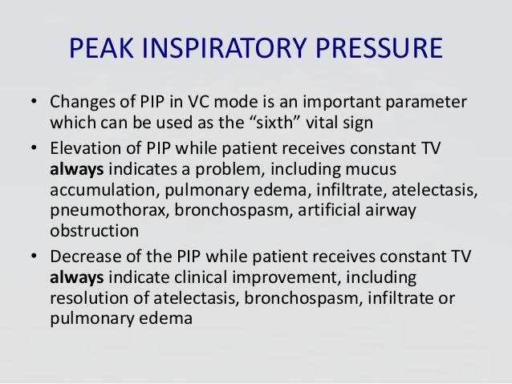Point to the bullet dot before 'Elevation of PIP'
[34, 148]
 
